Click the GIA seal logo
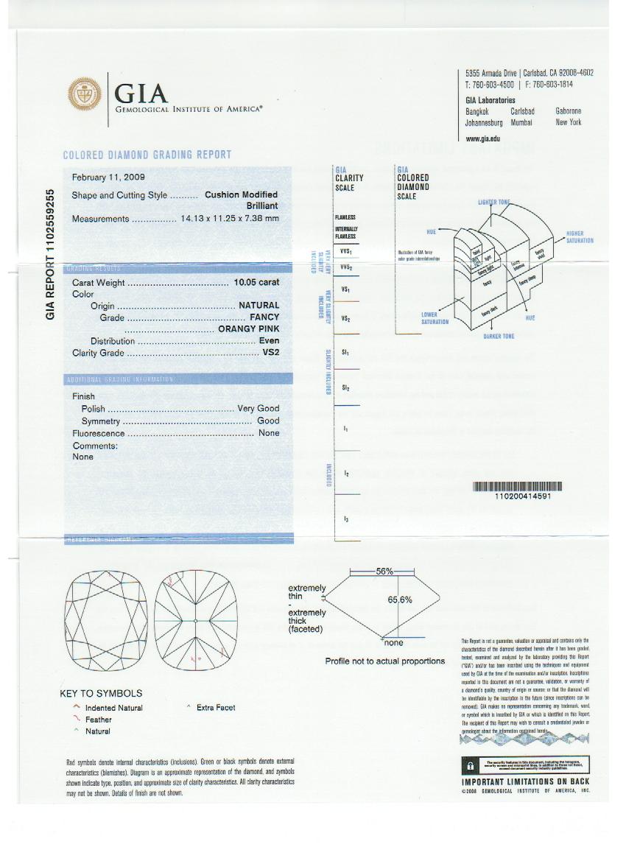coord(85,95)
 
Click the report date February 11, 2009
coord(108,178)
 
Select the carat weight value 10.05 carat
coord(256,283)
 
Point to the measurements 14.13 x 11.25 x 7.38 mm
coord(230,219)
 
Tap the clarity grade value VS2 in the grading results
coord(272,353)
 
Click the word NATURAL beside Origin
coord(259,305)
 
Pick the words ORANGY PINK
coord(248,329)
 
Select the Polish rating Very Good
coord(258,408)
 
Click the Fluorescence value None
coord(269,433)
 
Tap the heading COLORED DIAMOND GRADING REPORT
coord(147,155)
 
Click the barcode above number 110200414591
coord(517,486)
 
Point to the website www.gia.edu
coord(483,138)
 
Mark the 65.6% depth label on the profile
coord(400,600)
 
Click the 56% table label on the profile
coord(384,572)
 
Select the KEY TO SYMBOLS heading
coord(101,693)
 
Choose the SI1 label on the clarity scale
coord(345,354)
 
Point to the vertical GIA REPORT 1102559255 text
coord(51,253)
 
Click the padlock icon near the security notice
coord(468,765)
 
